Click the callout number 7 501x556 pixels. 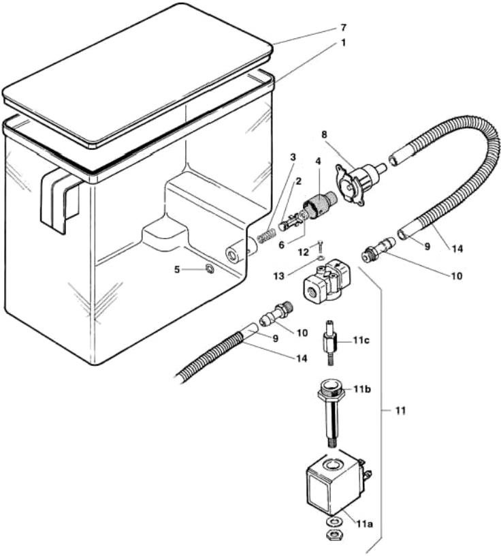coord(344,27)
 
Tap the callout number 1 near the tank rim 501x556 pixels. coord(344,42)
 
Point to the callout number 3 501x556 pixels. coord(293,157)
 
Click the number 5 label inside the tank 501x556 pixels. coord(176,269)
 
